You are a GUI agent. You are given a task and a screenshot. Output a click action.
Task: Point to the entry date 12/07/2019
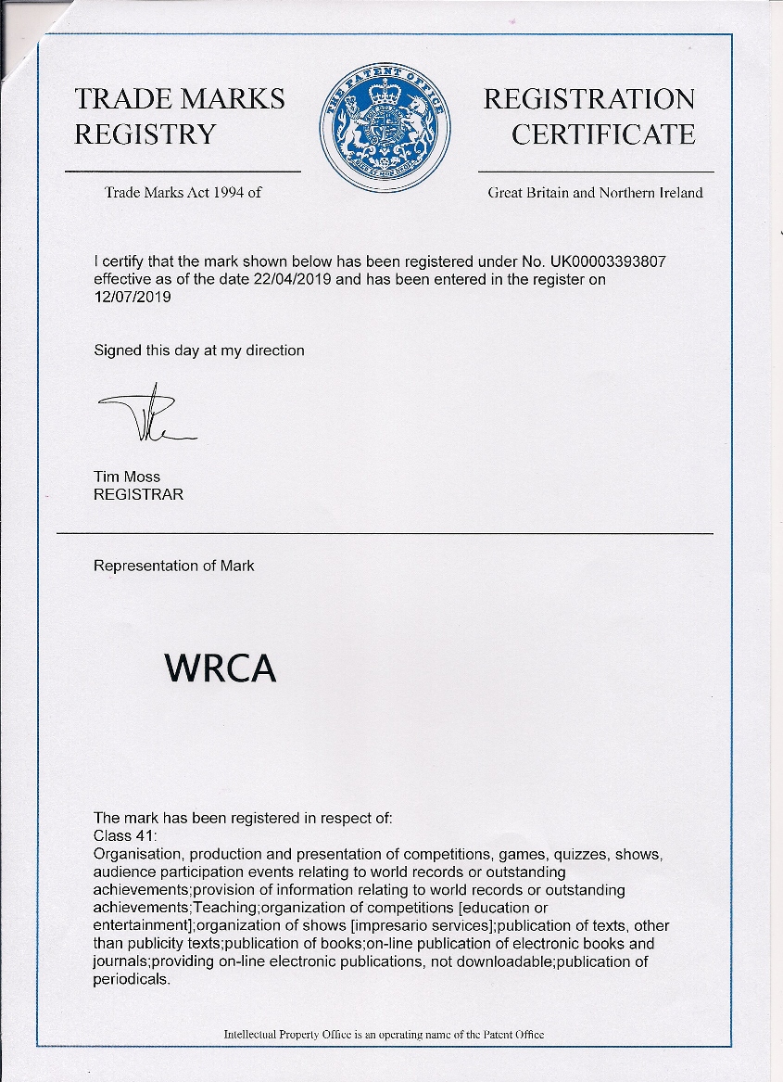pos(133,297)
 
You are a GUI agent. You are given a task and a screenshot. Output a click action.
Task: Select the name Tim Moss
pos(126,477)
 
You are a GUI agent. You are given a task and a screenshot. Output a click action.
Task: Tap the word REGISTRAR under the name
pos(138,494)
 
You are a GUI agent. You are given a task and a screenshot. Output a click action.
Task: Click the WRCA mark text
pos(220,668)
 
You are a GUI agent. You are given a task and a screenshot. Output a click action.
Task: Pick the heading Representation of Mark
pos(173,566)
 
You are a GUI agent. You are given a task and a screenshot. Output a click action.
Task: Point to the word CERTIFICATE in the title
pos(603,134)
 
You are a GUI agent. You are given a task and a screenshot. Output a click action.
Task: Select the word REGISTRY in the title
pos(145,134)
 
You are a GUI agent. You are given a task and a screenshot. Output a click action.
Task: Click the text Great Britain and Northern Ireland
pos(595,193)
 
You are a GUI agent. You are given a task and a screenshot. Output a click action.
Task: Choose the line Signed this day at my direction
pos(198,350)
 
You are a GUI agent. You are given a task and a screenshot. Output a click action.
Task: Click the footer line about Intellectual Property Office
pos(384,1034)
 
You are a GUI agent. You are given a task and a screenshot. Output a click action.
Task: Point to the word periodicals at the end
pos(131,980)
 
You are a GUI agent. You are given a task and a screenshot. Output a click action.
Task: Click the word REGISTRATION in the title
pos(588,99)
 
